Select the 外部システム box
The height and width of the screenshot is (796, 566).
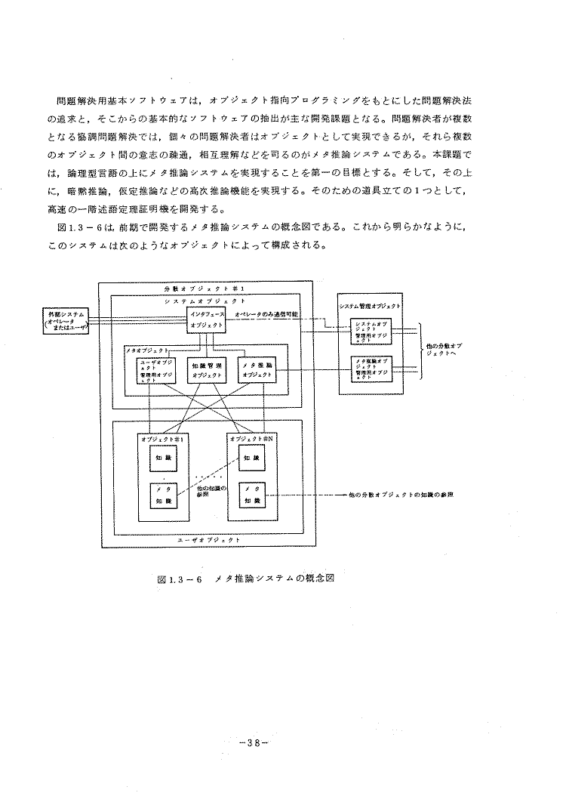[x=66, y=320]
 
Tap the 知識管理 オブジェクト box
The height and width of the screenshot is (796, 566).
[x=206, y=369]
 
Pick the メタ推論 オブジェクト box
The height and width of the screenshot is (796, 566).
[x=257, y=369]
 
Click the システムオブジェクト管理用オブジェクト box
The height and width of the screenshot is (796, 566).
[x=370, y=331]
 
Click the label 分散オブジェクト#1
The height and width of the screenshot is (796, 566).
[x=205, y=289]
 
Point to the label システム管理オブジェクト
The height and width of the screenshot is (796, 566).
[x=370, y=307]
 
